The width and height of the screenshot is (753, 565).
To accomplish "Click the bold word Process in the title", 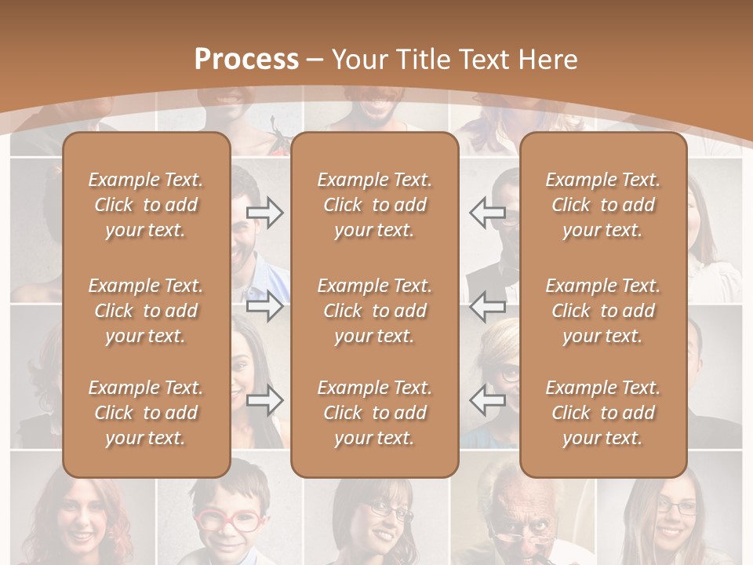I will [246, 60].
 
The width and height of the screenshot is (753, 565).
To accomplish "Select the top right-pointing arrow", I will [265, 212].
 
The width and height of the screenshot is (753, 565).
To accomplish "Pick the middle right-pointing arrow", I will [265, 306].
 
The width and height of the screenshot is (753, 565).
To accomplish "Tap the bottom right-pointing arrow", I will [265, 401].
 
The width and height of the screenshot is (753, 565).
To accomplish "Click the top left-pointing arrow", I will [487, 212].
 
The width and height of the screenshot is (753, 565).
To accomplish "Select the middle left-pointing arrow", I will [487, 306].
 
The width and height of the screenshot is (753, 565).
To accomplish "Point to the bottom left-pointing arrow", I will [487, 401].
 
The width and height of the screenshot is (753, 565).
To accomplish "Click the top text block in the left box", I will [146, 205].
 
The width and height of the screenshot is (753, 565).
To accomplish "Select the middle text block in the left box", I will [146, 311].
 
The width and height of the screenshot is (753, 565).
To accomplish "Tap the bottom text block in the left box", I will [146, 413].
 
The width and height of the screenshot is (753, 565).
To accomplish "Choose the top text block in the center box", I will [374, 205].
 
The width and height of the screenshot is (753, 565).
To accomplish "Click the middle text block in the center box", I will [374, 311].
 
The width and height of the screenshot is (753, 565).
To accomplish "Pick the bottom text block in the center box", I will [374, 413].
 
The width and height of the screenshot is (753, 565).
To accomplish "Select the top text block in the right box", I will [602, 205].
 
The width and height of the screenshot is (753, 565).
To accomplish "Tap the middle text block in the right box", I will [602, 311].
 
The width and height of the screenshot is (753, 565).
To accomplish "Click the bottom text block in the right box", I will [602, 413].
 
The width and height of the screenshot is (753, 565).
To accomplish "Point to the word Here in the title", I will [547, 60].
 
